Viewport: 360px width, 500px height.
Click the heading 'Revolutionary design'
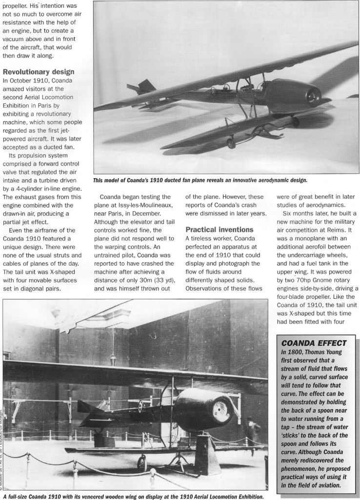click(39, 72)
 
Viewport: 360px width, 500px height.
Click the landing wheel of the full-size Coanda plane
click(141, 463)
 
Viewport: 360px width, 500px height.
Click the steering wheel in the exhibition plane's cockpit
click(141, 404)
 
